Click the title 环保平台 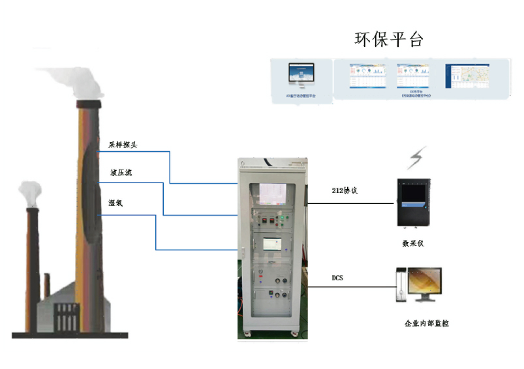[x=389, y=38]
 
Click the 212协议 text [x=345, y=191]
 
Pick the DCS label [x=337, y=278]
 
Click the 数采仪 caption [x=414, y=243]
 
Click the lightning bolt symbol [x=416, y=158]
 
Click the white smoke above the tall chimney [x=78, y=81]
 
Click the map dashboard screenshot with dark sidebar [x=467, y=77]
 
